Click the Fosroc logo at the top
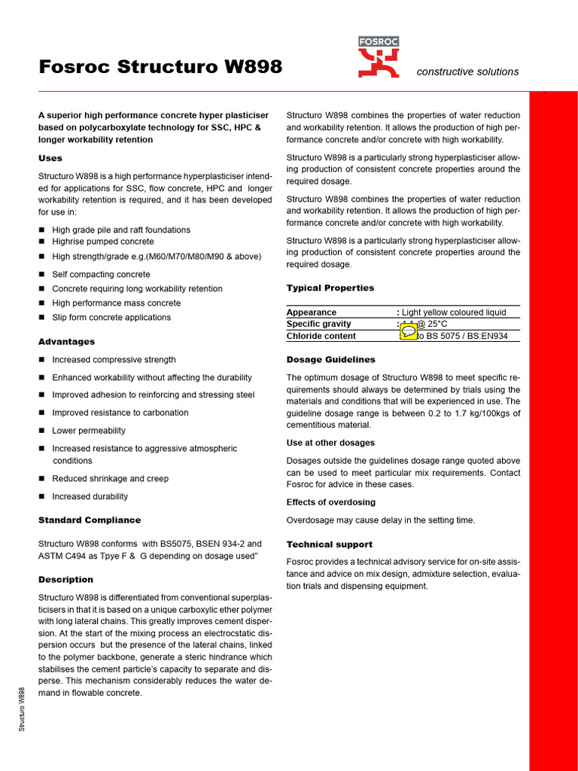[x=379, y=57]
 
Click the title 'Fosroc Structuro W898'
[x=160, y=67]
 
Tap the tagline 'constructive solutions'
[x=467, y=72]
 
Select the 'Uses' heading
[x=50, y=158]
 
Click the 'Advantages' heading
[x=67, y=342]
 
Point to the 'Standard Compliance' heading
[x=90, y=520]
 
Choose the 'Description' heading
[x=66, y=580]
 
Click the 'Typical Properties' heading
[x=330, y=288]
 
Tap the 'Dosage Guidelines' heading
[x=331, y=360]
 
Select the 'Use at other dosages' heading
[x=330, y=443]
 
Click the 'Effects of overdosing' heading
[x=331, y=502]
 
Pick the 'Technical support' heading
[x=330, y=544]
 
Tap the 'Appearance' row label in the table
[x=312, y=312]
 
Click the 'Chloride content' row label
[x=321, y=337]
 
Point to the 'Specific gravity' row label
[x=319, y=325]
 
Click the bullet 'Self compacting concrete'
[x=101, y=275]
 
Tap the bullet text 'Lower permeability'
[x=89, y=431]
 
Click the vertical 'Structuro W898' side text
[x=23, y=709]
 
